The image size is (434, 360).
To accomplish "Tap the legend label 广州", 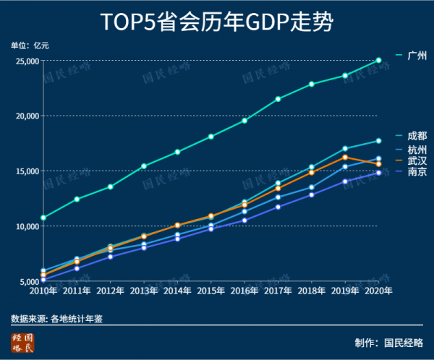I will (x=418, y=55).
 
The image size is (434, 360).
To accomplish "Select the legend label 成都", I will (x=417, y=136).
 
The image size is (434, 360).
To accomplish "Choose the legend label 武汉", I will (x=417, y=160).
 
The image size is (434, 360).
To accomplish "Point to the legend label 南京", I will (x=417, y=173).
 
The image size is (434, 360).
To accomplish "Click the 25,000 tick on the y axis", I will (x=27, y=61).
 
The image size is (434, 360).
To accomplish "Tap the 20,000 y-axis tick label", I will (x=27, y=116).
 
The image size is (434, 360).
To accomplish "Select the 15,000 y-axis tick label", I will (x=27, y=171).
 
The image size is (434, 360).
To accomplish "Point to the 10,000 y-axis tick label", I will (x=27, y=226).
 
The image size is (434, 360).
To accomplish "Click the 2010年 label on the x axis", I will (x=43, y=291).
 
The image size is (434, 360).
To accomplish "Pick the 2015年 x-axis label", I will (x=210, y=291).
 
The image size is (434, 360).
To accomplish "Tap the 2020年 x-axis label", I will (x=378, y=291).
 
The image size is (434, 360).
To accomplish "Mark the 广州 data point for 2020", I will (x=378, y=61).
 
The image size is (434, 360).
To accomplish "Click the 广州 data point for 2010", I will (x=43, y=218).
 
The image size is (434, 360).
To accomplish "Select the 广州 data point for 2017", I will (x=278, y=99).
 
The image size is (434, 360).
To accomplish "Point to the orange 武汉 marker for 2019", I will (x=345, y=157).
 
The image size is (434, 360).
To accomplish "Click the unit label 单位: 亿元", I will (x=30, y=46).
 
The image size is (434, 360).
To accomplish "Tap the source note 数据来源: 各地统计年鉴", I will (x=57, y=318).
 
